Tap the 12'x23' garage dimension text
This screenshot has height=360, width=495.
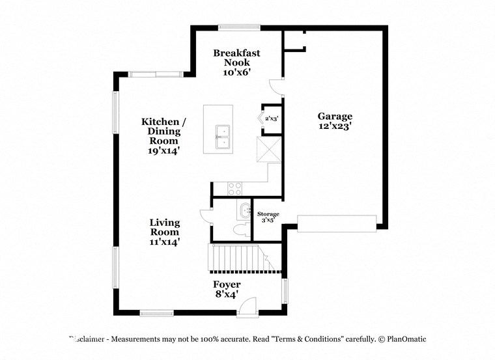[335, 128]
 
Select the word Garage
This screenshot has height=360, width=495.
[335, 117]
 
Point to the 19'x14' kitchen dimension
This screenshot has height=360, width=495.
[164, 150]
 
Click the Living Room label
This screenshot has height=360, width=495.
[165, 227]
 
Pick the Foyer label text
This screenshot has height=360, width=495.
[227, 284]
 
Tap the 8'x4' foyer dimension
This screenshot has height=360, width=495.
[227, 294]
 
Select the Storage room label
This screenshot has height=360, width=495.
[268, 214]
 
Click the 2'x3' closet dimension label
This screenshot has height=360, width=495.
[272, 118]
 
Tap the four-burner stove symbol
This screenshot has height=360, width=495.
[234, 189]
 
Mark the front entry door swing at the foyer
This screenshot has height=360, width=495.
[247, 307]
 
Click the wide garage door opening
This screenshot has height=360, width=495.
[337, 223]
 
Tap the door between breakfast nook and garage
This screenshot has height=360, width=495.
[277, 85]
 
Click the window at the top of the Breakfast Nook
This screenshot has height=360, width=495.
[239, 27]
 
